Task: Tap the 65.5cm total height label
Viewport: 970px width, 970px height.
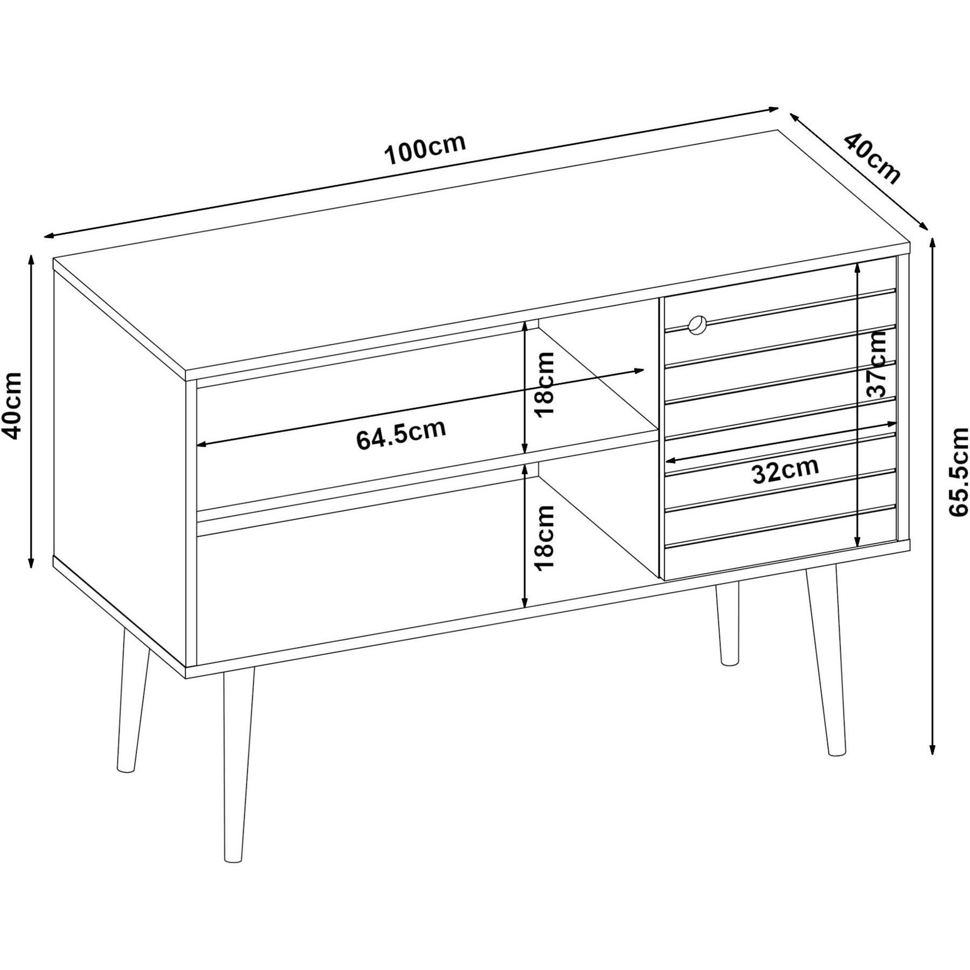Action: [958, 472]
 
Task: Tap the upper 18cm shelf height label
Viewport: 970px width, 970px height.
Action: [544, 384]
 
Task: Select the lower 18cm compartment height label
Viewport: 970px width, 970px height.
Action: [544, 537]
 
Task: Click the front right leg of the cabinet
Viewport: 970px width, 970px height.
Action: [824, 660]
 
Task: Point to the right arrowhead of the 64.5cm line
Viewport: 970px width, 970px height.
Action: [639, 371]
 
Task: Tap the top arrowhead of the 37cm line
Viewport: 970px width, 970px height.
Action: [857, 268]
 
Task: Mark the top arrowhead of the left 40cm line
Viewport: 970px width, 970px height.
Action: [31, 260]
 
